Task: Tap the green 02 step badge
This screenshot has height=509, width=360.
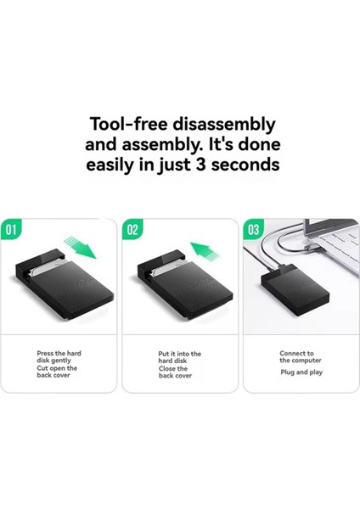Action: point(134,229)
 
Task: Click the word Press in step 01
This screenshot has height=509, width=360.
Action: point(45,353)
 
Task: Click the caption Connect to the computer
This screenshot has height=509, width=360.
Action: point(296,356)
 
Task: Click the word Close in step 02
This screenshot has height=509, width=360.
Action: point(166,368)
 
